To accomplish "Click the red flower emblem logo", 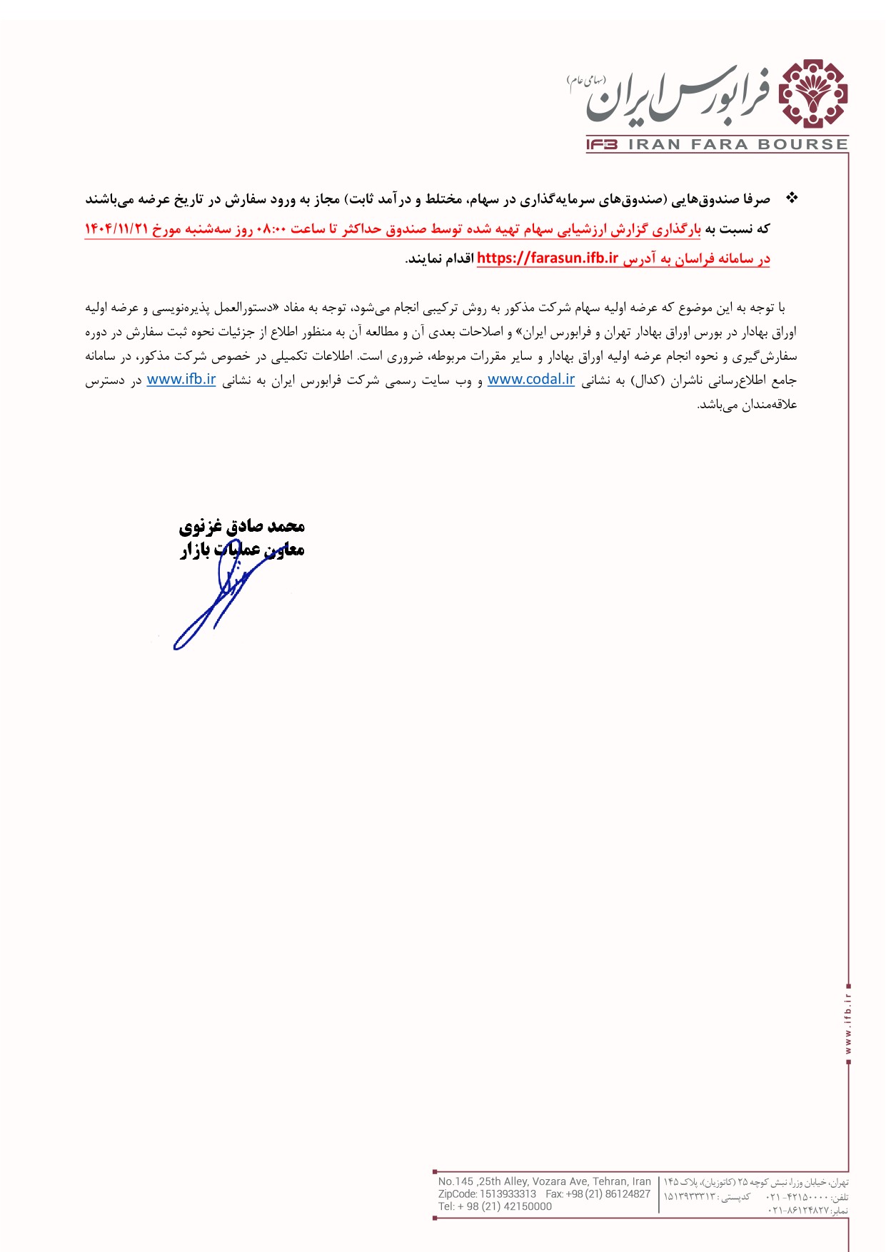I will click(x=812, y=94).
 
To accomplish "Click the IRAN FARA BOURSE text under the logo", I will click(x=738, y=145).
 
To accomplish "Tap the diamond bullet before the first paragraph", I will click(x=791, y=198).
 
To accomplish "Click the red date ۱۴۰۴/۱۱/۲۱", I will click(x=116, y=229).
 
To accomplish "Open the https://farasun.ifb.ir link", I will click(x=547, y=258).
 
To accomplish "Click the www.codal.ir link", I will click(x=530, y=380).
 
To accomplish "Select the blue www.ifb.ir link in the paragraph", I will click(x=181, y=380).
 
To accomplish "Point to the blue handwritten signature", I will click(x=214, y=603).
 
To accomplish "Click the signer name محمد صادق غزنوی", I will click(x=241, y=527).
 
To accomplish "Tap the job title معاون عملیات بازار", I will click(x=241, y=550).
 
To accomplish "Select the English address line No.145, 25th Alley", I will click(x=544, y=1181).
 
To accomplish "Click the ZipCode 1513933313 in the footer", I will click(x=487, y=1193).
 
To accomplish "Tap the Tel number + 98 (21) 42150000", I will click(x=495, y=1206).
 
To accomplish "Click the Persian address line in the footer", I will click(x=756, y=1182).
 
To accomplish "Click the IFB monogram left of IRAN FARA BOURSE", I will click(x=602, y=145).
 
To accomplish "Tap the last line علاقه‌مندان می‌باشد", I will click(x=747, y=405).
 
